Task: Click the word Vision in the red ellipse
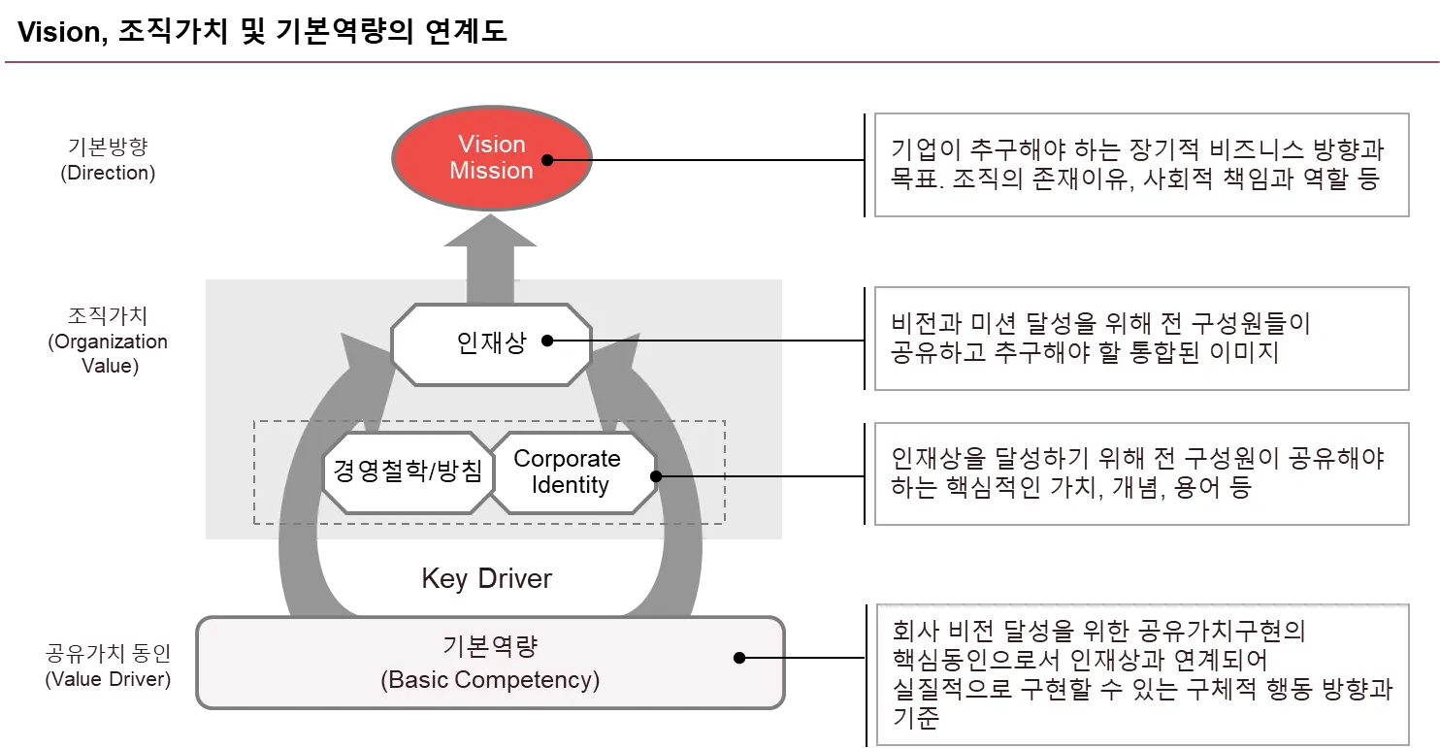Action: click(x=491, y=145)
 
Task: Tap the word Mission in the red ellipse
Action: click(x=491, y=171)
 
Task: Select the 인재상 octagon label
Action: click(x=491, y=342)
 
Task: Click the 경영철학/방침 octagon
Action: click(x=408, y=472)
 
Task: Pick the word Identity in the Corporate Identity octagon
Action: click(x=570, y=485)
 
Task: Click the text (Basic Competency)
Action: click(x=490, y=680)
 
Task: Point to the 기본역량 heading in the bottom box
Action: click(x=490, y=647)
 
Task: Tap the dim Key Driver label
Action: click(x=485, y=579)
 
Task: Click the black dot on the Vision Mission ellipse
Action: click(x=547, y=159)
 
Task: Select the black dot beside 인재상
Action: click(x=547, y=341)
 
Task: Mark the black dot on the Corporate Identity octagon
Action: click(x=655, y=476)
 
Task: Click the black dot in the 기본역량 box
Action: click(x=739, y=657)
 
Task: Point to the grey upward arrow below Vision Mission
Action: click(x=491, y=254)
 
